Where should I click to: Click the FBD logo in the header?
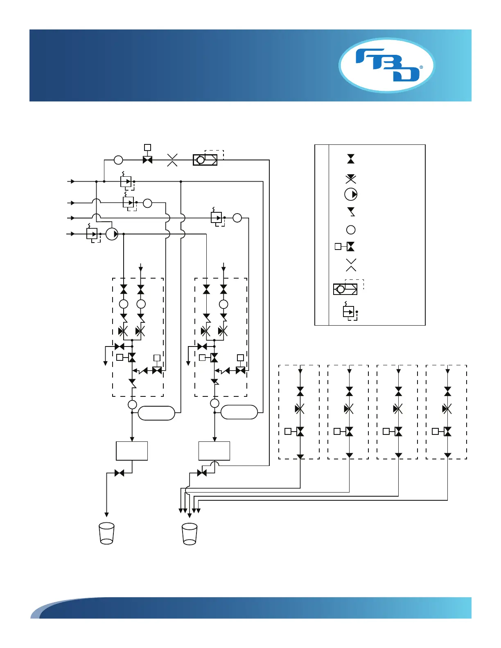(386, 65)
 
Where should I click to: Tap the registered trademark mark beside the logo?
(421, 67)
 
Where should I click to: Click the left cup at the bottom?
(107, 533)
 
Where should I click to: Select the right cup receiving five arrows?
(190, 534)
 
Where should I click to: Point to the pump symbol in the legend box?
(351, 194)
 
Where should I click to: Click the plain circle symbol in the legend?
(351, 230)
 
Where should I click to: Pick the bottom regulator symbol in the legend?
(349, 312)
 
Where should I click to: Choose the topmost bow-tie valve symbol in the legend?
(351, 159)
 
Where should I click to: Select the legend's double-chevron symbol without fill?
(351, 265)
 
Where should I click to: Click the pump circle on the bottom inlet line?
(112, 234)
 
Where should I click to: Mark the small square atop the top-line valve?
(148, 147)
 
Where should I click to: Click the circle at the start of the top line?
(118, 160)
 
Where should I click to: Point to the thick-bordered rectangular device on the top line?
(205, 160)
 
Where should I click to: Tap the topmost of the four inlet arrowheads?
(72, 181)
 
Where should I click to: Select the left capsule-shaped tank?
(156, 413)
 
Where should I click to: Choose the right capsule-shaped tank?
(239, 412)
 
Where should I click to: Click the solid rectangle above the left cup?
(132, 451)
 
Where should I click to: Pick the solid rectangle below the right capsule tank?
(214, 451)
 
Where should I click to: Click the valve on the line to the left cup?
(120, 473)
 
